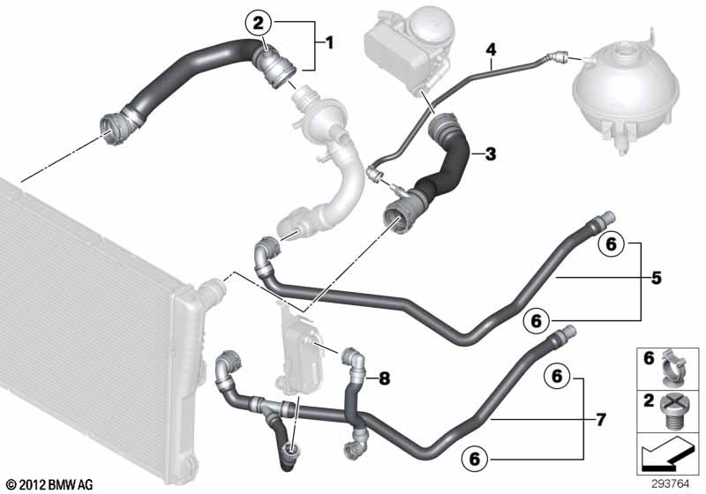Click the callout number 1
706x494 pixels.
pyautogui.click(x=329, y=41)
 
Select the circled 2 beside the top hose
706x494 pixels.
pyautogui.click(x=258, y=21)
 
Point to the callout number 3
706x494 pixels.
pyautogui.click(x=491, y=153)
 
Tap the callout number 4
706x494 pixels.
pyautogui.click(x=492, y=51)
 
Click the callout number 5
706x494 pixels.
pyautogui.click(x=656, y=279)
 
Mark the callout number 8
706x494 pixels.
pyautogui.click(x=383, y=378)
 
